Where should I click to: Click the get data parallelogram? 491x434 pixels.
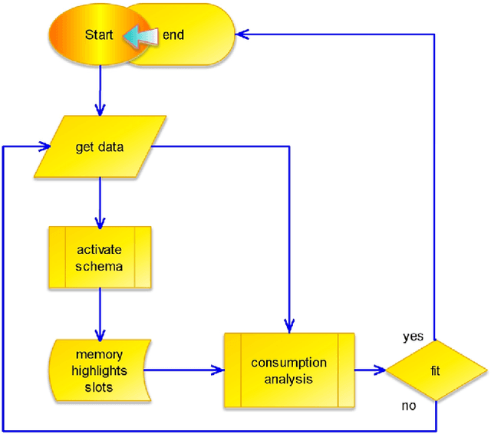point(101,146)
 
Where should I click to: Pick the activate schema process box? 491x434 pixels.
point(101,258)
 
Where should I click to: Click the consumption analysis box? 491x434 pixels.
point(289,370)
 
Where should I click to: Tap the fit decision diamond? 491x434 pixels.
point(436,371)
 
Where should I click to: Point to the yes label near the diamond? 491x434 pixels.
point(414,337)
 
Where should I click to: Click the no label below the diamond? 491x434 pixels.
point(409,406)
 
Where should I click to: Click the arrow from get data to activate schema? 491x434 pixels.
point(101,199)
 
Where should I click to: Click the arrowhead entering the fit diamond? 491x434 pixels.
point(380,371)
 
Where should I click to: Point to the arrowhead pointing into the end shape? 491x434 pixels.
point(242,34)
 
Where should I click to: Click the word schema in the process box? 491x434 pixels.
point(99,266)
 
